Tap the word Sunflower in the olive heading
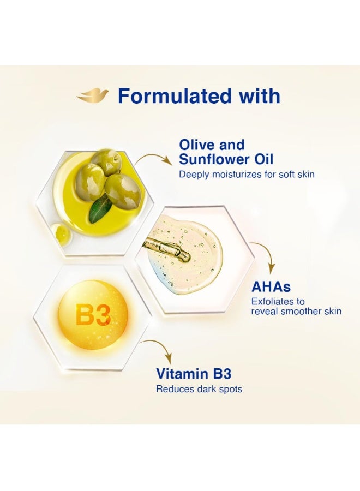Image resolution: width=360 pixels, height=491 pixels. tap(213, 159)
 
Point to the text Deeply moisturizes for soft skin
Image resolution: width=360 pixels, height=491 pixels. tap(247, 174)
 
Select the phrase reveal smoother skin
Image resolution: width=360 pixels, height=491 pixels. tap(296, 312)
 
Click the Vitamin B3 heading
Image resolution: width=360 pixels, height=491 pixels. tap(194, 374)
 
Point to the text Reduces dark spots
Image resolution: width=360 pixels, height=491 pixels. tap(199, 389)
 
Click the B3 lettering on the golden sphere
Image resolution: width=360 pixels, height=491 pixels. tap(93, 315)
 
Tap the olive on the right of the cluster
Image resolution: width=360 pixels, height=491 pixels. tap(122, 191)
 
